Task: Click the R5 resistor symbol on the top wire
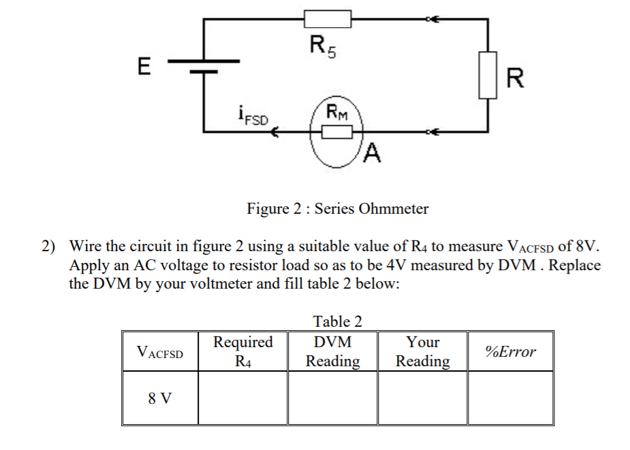tap(328, 19)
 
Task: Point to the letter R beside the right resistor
tap(516, 80)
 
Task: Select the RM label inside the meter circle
tap(336, 112)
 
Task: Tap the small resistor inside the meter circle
tap(336, 131)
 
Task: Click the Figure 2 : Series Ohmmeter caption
tap(337, 208)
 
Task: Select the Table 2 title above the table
tap(337, 321)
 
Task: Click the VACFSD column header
tap(160, 352)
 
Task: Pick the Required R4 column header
tap(242, 351)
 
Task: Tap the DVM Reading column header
tap(332, 351)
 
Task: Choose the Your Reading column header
tap(422, 351)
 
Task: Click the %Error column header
tap(510, 352)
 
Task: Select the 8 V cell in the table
tap(160, 398)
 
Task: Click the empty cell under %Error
tap(510, 398)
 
